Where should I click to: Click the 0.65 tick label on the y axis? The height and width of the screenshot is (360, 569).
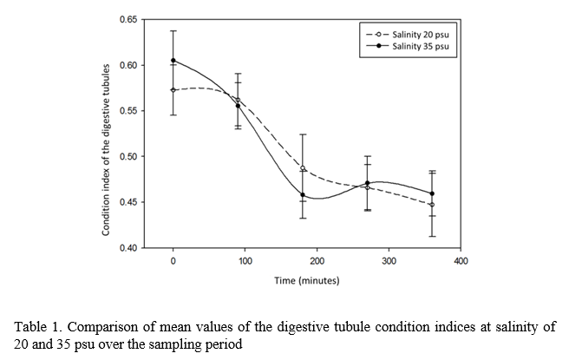[x=127, y=19]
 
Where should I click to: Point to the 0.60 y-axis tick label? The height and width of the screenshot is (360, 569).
[x=127, y=65]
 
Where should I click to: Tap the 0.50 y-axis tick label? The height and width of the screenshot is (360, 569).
[x=127, y=157]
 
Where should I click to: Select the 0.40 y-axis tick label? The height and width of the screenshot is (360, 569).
[x=127, y=248]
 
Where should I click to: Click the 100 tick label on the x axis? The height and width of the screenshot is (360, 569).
[x=245, y=261]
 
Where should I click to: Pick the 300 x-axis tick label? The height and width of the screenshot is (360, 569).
[x=389, y=261]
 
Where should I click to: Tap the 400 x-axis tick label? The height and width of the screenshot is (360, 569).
[x=461, y=261]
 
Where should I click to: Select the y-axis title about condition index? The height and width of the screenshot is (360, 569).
[x=105, y=148]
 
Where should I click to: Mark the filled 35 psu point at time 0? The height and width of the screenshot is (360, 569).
[x=173, y=61]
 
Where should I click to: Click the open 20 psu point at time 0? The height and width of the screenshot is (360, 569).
[x=173, y=89]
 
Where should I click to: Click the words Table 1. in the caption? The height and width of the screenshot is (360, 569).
[x=36, y=327]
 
